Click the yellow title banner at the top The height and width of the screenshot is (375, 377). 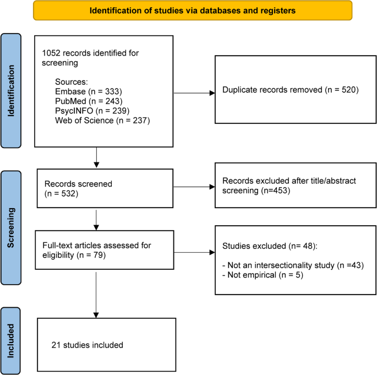(x=193, y=10)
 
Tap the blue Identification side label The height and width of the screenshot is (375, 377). (x=11, y=91)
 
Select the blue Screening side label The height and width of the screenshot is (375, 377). (x=11, y=228)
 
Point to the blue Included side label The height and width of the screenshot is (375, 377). (x=10, y=341)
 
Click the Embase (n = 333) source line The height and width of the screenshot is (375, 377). (x=89, y=91)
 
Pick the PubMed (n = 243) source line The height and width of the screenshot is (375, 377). (x=89, y=101)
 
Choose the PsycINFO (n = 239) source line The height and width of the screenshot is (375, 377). (x=92, y=111)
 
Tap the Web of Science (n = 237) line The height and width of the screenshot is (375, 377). (x=102, y=120)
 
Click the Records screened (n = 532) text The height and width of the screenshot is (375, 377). (x=78, y=188)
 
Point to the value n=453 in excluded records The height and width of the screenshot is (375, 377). (x=275, y=191)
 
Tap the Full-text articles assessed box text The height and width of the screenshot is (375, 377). (x=97, y=250)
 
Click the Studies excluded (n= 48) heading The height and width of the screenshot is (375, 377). (x=270, y=246)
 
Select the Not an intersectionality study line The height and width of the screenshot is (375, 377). (x=293, y=265)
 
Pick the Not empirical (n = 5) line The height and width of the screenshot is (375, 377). (x=263, y=275)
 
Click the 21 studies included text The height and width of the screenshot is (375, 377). (x=88, y=345)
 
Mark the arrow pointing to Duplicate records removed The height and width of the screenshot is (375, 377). (x=194, y=93)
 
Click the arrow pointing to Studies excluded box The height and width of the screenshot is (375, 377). (x=194, y=252)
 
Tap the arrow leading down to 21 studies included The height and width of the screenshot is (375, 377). (x=96, y=295)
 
